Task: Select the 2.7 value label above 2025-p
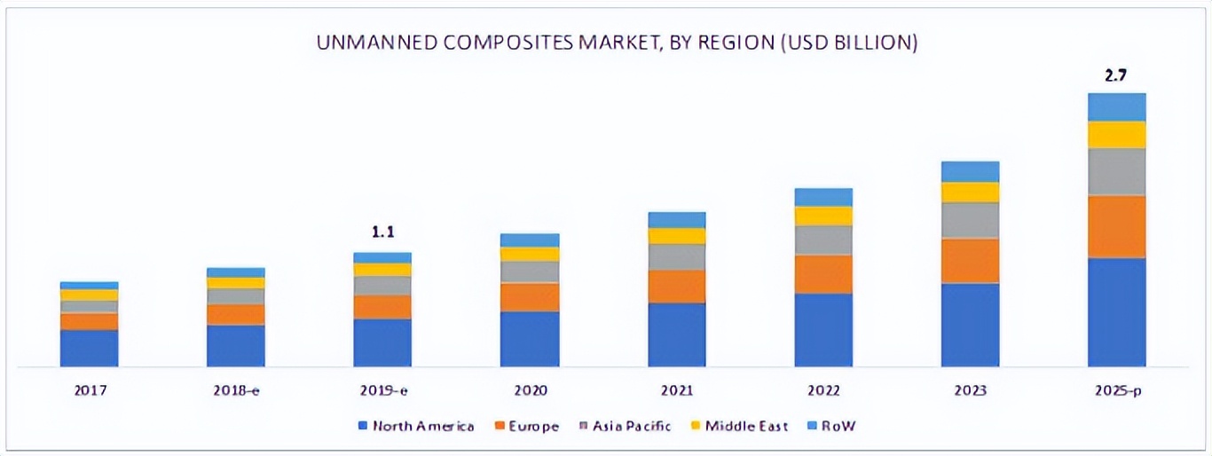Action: tap(1115, 76)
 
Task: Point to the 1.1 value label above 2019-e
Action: tap(382, 232)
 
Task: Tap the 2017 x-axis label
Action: tap(89, 390)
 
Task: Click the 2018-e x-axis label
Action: tap(236, 390)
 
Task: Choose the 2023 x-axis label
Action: tap(970, 390)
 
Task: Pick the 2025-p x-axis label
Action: tap(1116, 390)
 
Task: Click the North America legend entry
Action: tap(415, 427)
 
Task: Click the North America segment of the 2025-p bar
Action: tap(1116, 311)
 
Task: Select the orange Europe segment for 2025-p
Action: tap(1116, 226)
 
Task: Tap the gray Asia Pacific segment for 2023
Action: tap(970, 220)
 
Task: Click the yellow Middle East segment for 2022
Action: tap(823, 216)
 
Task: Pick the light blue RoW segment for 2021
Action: tap(677, 220)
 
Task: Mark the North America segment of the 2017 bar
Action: tap(89, 348)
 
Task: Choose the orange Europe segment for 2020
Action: tap(530, 297)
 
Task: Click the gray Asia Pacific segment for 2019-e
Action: tap(382, 286)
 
